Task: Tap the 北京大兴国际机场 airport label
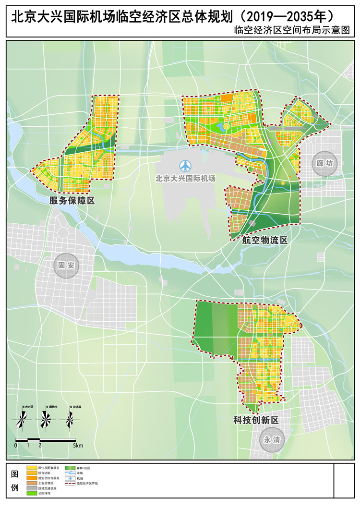(185, 178)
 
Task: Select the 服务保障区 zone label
(72, 201)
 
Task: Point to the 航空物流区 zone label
(264, 240)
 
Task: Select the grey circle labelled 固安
(66, 265)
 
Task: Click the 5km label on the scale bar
(78, 446)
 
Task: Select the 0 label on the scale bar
(16, 446)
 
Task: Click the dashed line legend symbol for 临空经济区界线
(70, 484)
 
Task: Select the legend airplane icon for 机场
(70, 478)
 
